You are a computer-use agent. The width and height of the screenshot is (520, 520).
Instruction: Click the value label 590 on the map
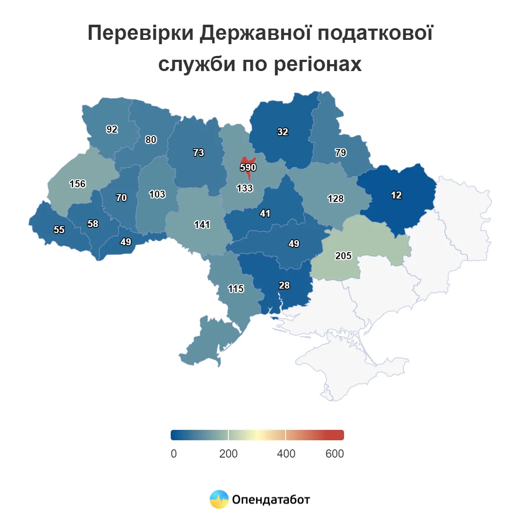248,167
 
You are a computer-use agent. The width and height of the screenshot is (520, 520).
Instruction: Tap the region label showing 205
343,256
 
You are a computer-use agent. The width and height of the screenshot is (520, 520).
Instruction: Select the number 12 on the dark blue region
396,195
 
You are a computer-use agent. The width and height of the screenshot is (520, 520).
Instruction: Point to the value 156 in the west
78,184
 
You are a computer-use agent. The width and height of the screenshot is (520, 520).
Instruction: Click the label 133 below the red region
244,188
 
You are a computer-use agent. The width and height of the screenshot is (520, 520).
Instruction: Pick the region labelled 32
283,132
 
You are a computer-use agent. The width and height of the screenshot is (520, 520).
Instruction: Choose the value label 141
202,224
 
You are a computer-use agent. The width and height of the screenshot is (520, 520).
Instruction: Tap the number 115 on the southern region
236,289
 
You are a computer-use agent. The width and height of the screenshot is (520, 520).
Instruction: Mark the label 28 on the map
284,285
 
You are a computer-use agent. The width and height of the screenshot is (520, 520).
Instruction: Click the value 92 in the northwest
112,129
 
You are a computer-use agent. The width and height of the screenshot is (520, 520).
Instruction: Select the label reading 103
157,194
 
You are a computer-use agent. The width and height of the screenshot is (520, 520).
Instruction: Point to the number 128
335,198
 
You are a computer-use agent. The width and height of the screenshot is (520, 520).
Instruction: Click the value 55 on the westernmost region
59,230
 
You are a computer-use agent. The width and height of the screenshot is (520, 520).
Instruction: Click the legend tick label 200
228,454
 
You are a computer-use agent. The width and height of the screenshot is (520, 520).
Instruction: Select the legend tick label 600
335,454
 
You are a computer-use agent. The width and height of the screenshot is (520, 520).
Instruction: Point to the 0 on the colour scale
174,454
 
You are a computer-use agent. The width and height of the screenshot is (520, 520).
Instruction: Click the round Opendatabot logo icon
219,499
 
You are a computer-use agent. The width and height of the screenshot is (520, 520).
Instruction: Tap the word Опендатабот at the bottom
271,500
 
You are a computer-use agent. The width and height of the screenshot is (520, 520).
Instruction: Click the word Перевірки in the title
140,33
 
